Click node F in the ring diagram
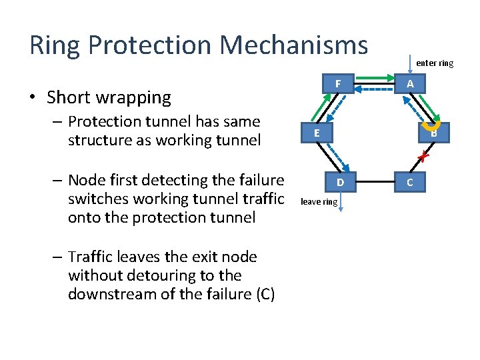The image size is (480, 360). point(339,84)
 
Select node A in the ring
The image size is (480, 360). point(410,84)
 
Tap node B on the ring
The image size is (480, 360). point(434,133)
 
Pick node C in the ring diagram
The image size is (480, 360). point(410,182)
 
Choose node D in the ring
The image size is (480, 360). point(340,182)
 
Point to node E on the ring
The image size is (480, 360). point(317,133)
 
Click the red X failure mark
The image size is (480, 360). point(421,157)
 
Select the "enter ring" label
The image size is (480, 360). point(434,63)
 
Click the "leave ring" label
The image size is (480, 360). point(319,201)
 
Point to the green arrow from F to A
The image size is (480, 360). point(375,79)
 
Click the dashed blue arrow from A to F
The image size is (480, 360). point(375,89)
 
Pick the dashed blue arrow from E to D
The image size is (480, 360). point(331,157)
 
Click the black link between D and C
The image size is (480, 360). point(375,182)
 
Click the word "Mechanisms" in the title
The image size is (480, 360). point(294,45)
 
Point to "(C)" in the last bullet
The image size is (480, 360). point(261,294)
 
